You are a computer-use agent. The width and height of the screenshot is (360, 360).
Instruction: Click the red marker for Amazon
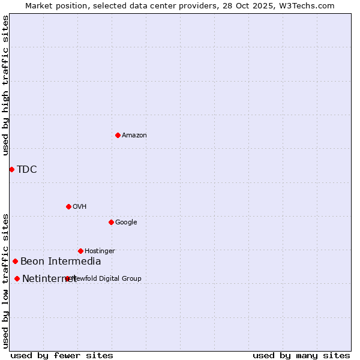point(118,135)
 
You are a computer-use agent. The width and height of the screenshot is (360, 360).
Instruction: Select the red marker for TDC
point(11,169)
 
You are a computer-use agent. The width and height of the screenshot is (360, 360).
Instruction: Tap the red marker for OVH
point(68,206)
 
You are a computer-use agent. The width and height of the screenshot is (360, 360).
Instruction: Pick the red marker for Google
point(111,222)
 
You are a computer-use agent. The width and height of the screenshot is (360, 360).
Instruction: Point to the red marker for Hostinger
point(80,251)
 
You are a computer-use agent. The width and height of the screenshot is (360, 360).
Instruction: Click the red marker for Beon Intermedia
point(15,261)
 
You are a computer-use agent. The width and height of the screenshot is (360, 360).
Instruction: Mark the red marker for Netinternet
point(17,278)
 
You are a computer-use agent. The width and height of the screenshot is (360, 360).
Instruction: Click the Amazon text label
point(134,135)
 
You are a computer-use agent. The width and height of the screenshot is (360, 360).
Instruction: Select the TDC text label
point(27,169)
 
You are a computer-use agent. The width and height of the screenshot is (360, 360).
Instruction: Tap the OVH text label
point(80,206)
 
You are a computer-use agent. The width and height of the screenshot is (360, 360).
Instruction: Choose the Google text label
point(126,222)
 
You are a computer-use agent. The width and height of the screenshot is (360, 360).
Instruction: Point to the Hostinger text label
point(100,251)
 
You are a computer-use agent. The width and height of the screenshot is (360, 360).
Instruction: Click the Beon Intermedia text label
point(61,261)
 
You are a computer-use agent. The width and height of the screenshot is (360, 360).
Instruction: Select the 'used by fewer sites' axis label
point(62,355)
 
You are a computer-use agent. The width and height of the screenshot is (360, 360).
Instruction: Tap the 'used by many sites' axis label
point(301,355)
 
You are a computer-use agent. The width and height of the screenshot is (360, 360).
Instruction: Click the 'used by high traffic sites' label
point(5,85)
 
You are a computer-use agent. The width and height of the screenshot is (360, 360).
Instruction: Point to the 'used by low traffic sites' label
point(5,280)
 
